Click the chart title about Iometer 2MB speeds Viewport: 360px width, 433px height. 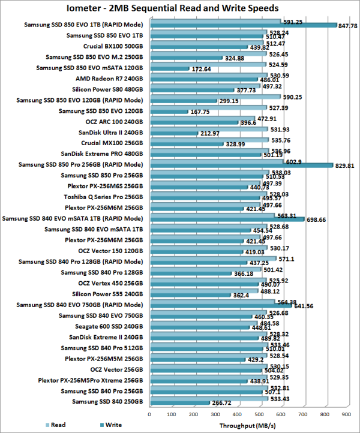[179, 8]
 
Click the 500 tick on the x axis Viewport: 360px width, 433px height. [259, 413]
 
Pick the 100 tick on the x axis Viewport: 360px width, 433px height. [172, 413]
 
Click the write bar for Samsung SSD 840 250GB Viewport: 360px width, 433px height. [179, 404]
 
